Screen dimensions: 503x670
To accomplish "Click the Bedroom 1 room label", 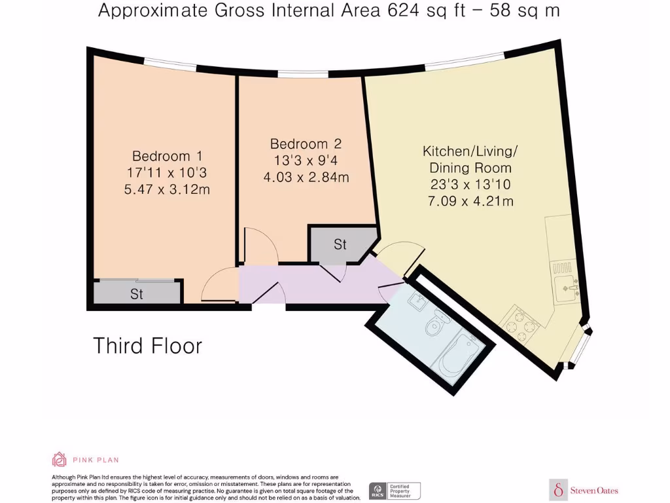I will click(167, 157).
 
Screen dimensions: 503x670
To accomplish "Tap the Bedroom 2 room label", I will click(306, 144).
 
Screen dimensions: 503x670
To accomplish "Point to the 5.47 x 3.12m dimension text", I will click(167, 190).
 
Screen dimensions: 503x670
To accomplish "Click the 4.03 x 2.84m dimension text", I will click(306, 177).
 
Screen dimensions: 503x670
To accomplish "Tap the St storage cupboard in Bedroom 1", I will click(137, 293).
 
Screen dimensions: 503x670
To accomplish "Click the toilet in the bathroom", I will click(435, 326).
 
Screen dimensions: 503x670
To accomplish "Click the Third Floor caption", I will click(147, 345).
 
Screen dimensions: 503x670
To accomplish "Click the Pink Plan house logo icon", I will click(60, 460).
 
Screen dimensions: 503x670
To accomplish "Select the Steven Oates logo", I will click(584, 490).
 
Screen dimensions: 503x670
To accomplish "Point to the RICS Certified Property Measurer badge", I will click(395, 491).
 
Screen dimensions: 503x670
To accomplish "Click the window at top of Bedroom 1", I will click(170, 64).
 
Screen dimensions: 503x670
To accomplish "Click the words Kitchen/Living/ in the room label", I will click(470, 151).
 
